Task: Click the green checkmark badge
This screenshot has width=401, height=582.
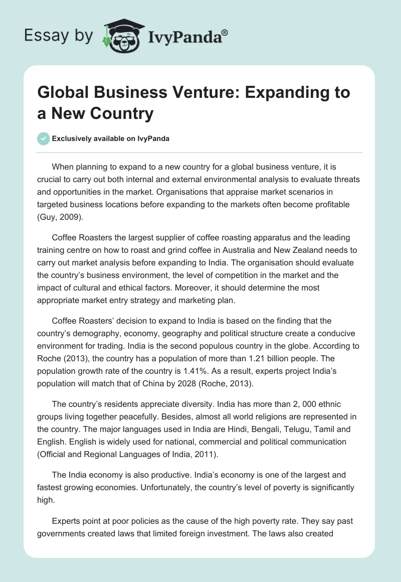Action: (x=44, y=138)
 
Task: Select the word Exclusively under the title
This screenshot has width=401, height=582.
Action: (x=73, y=139)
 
